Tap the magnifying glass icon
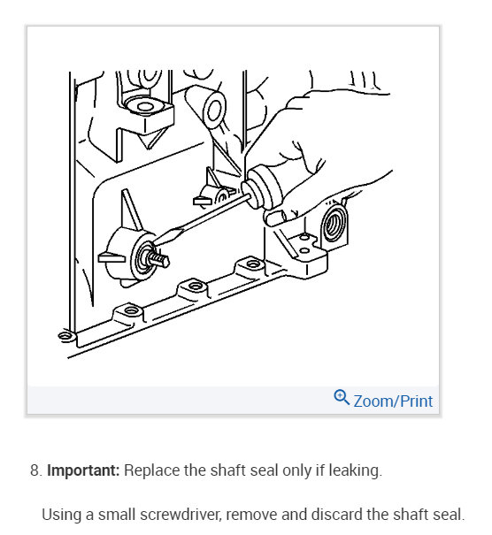point(342,398)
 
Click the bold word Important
point(83,470)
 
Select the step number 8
point(35,470)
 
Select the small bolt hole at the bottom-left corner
point(65,336)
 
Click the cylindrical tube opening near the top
point(214,110)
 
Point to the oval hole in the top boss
point(145,106)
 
